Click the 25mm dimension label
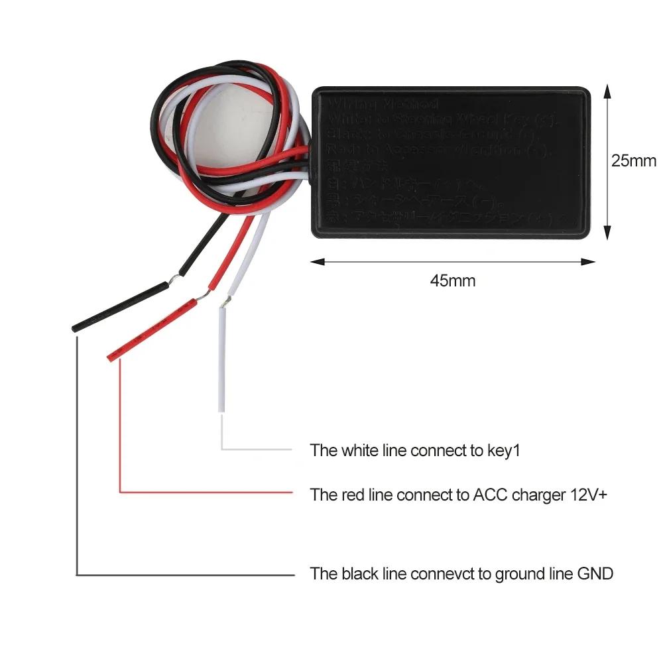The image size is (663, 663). (x=633, y=160)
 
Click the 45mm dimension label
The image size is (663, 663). (x=453, y=280)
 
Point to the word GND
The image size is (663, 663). (x=595, y=573)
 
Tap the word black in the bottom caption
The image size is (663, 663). (x=359, y=573)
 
